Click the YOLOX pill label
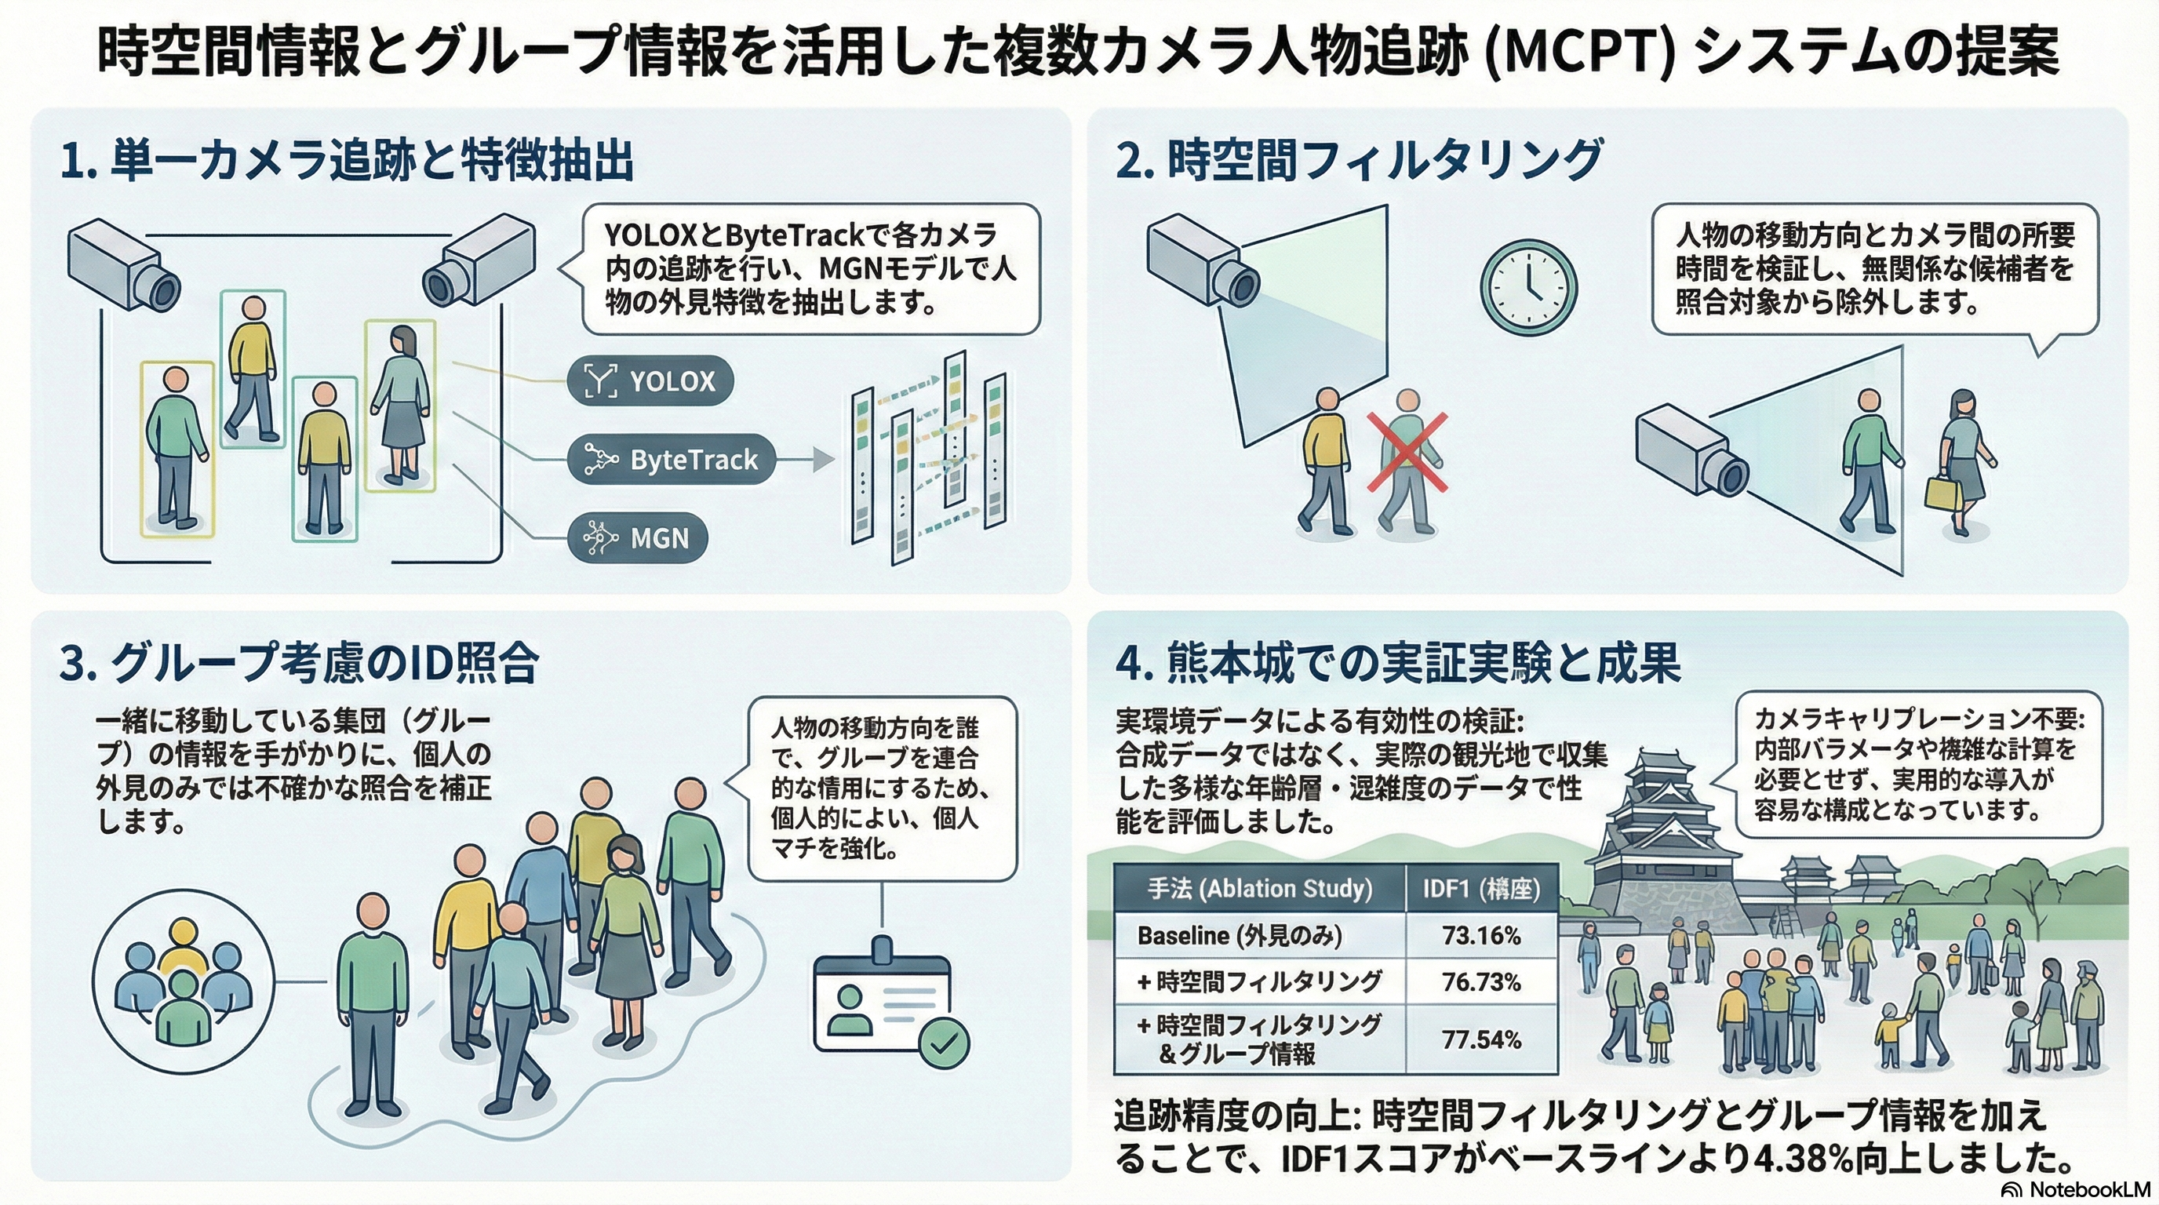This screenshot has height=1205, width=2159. coord(650,381)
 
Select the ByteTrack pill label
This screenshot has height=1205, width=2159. coord(671,459)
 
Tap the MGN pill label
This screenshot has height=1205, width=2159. coord(638,537)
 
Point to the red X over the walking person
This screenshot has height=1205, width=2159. coord(1407,452)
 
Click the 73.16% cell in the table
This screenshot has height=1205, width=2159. coord(1481,935)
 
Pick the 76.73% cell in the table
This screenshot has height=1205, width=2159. coord(1481,981)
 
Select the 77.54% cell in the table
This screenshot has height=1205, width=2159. coord(1481,1040)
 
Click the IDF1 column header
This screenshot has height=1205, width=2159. coord(1481,888)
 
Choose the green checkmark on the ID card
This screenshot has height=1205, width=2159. coord(944,1043)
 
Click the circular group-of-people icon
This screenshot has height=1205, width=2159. coord(184,980)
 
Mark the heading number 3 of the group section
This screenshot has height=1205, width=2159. coord(74,664)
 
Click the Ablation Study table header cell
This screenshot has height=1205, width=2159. coord(1259,888)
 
